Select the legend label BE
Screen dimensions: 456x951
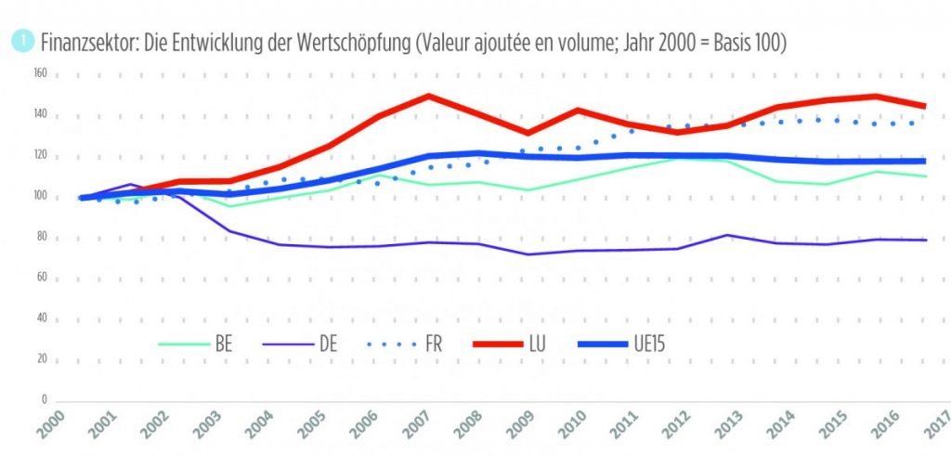pyautogui.click(x=222, y=345)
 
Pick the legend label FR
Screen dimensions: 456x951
pyautogui.click(x=432, y=345)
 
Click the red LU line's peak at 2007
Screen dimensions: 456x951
pyautogui.click(x=428, y=96)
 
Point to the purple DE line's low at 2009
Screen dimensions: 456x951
pyautogui.click(x=528, y=254)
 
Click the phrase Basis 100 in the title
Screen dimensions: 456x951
pyautogui.click(x=749, y=43)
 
